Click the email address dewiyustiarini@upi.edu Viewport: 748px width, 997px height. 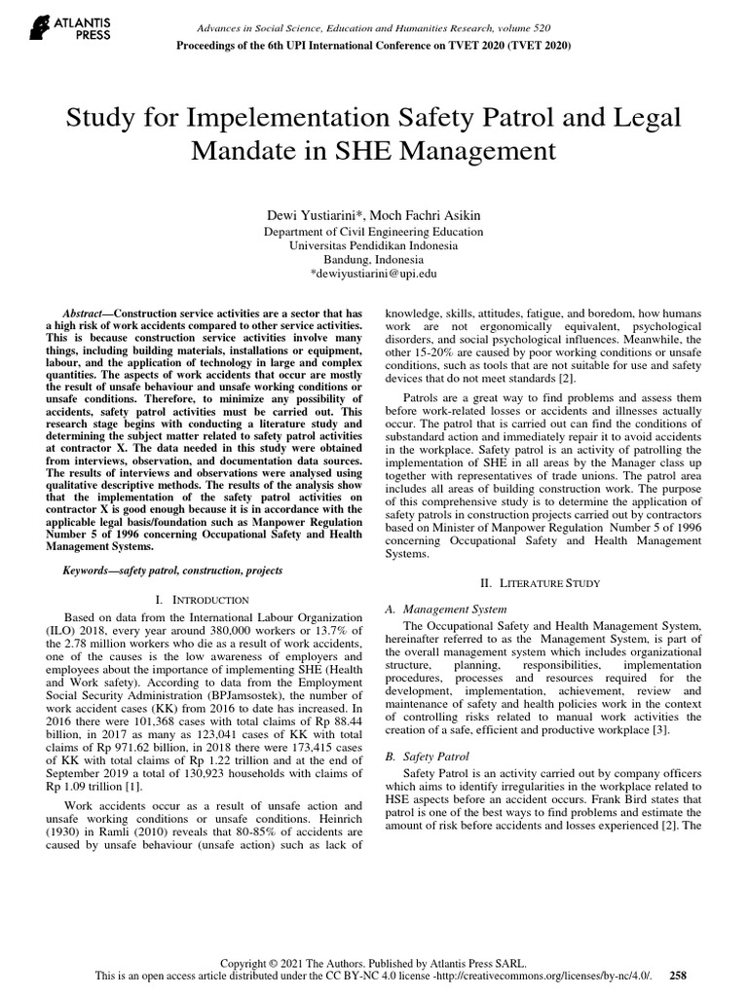coord(377,277)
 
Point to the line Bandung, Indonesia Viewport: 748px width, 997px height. coord(374,261)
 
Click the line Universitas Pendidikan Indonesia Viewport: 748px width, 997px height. coord(374,246)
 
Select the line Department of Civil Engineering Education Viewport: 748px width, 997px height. coord(374,232)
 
